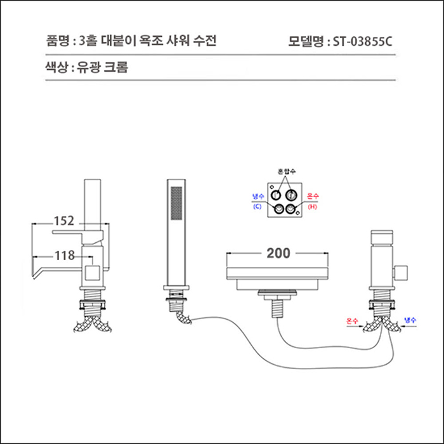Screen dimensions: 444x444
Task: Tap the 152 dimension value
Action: (x=63, y=221)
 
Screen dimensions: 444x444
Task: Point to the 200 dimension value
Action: (x=278, y=254)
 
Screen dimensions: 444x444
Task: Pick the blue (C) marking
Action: (x=257, y=207)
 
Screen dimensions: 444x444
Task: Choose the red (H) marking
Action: (x=312, y=207)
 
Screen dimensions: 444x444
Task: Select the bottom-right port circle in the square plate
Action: (x=291, y=208)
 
